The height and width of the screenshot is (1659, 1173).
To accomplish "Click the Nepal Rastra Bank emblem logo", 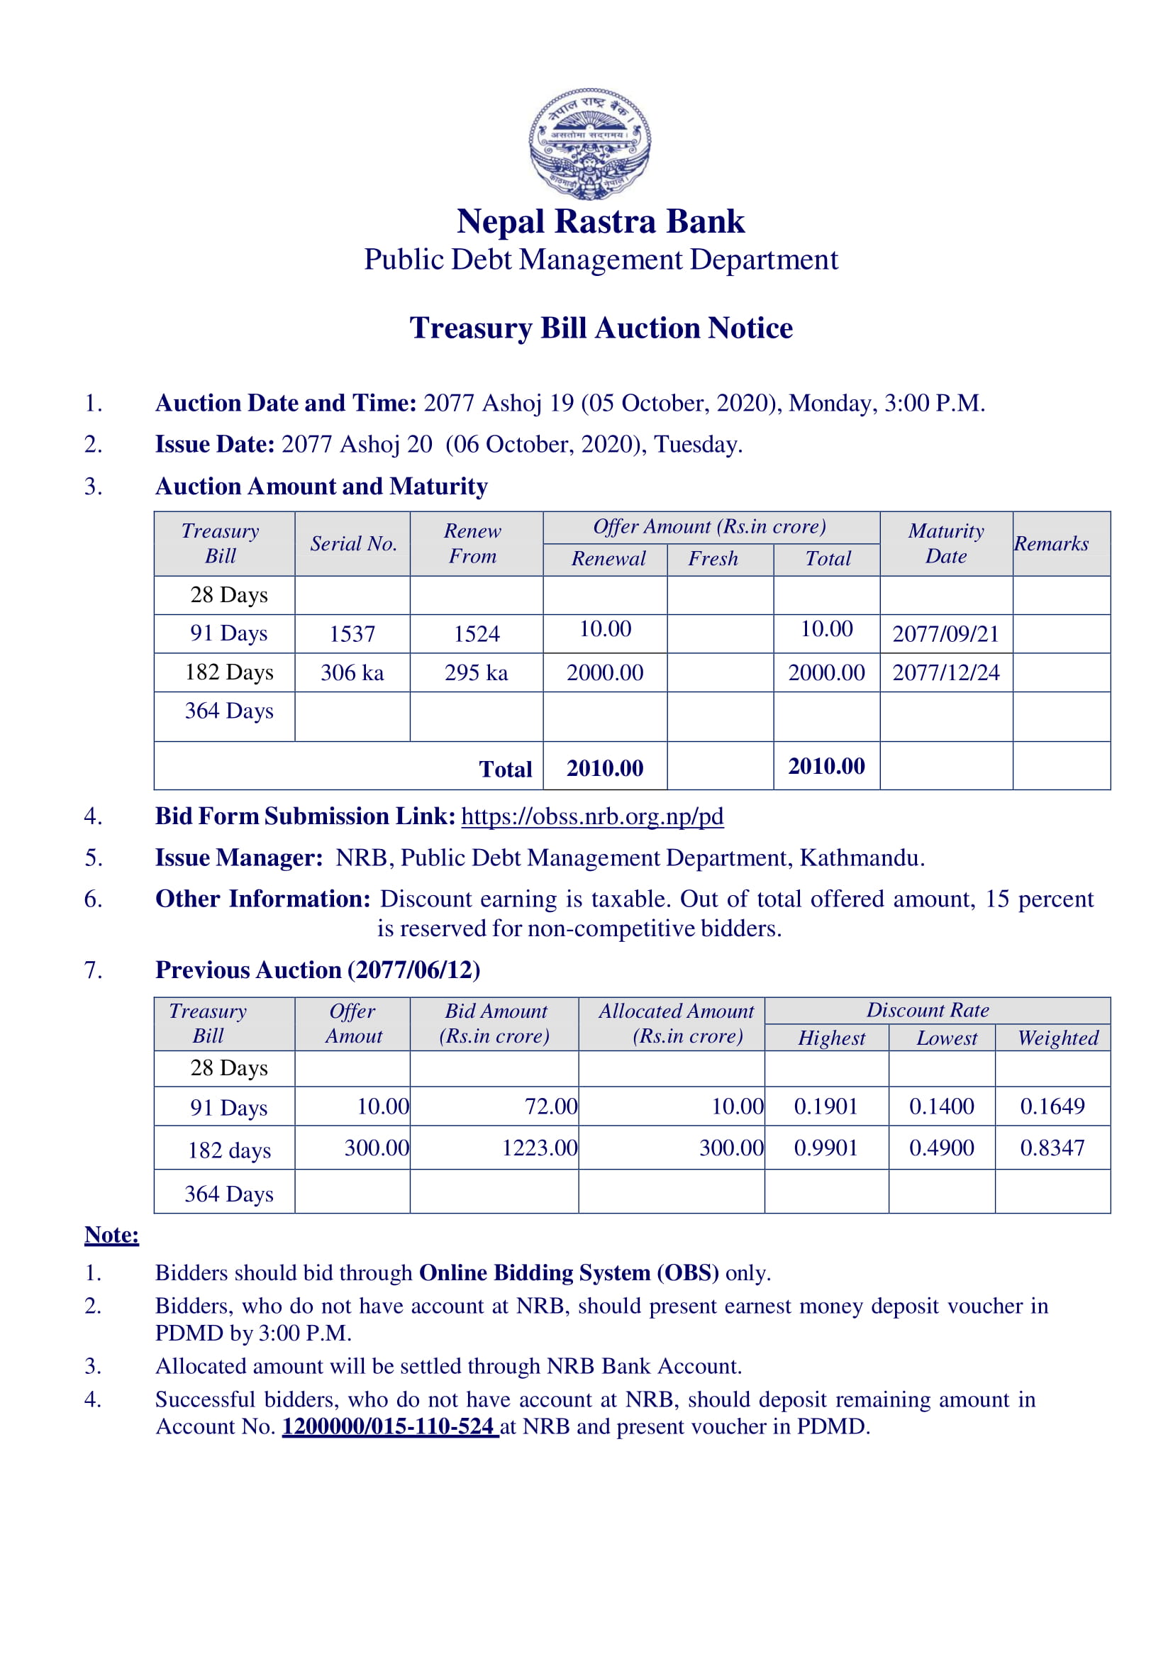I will [x=589, y=143].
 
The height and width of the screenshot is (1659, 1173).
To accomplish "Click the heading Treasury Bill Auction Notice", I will [x=601, y=328].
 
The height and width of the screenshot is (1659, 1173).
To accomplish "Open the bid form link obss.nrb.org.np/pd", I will [x=591, y=816].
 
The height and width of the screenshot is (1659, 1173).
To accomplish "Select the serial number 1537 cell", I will [x=352, y=633].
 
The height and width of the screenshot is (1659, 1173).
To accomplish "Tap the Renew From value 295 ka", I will [x=476, y=672].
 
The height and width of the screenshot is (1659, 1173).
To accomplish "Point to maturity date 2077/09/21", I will [x=945, y=633].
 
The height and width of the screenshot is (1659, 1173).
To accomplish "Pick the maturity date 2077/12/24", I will [x=945, y=672].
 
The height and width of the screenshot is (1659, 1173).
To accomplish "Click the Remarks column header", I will [x=1051, y=543].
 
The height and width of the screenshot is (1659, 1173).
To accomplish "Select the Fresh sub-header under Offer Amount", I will [x=712, y=558].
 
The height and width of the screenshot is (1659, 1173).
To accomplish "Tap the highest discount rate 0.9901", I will [x=825, y=1148].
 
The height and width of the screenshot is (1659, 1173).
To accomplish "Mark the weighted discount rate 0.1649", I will [x=1052, y=1106].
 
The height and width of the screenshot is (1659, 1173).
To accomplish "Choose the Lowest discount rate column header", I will [x=946, y=1038].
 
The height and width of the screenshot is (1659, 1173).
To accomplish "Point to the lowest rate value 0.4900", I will [x=941, y=1148].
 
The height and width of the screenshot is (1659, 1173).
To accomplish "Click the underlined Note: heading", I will [x=112, y=1235].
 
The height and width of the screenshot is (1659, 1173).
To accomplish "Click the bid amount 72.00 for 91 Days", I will [x=550, y=1106].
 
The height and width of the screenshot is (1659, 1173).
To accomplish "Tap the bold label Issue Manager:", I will [x=239, y=858].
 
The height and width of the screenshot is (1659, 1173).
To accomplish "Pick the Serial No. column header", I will [x=353, y=543].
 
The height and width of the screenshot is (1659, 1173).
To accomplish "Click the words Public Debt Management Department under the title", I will [x=600, y=260].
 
